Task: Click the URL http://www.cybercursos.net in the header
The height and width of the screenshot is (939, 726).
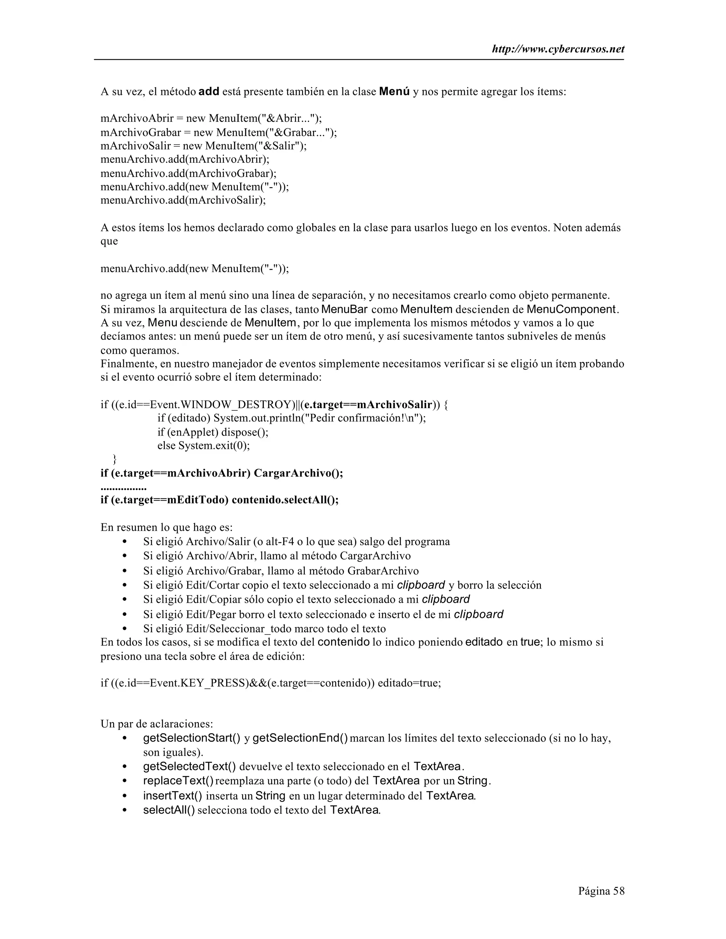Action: tap(558, 50)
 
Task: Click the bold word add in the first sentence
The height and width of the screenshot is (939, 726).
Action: tap(209, 91)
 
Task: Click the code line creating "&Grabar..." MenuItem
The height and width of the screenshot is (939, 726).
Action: tap(218, 133)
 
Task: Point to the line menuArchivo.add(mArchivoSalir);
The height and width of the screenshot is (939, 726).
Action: tap(183, 200)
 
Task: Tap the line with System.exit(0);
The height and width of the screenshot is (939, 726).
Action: tap(203, 445)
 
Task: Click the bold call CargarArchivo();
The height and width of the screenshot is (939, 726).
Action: tap(298, 473)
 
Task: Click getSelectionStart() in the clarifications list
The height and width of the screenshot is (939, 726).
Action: tap(192, 738)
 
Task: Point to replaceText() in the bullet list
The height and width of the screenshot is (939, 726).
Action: tap(179, 780)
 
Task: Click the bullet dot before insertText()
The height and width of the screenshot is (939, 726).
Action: tap(125, 796)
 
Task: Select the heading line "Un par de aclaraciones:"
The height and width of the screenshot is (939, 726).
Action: tap(157, 724)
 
